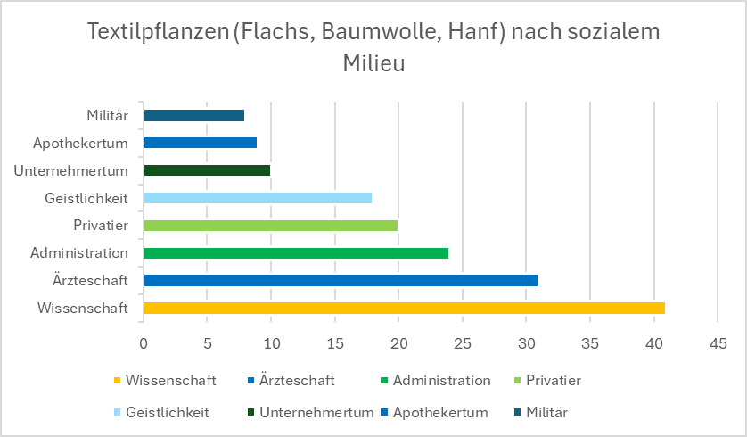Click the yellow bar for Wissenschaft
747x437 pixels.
click(405, 308)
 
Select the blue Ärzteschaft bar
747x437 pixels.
click(341, 280)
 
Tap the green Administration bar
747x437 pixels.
click(296, 253)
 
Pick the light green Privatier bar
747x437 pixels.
click(271, 226)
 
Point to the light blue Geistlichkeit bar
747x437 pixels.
click(258, 198)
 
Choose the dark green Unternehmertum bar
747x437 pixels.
click(207, 170)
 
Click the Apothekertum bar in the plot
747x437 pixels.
click(201, 143)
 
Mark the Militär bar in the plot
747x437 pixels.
click(194, 115)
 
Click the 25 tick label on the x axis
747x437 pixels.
click(462, 343)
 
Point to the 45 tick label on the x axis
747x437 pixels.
click(718, 343)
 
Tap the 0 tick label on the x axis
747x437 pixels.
click(144, 343)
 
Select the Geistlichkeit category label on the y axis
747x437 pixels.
click(86, 198)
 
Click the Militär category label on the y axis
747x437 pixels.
click(108, 115)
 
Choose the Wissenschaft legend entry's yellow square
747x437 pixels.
click(117, 381)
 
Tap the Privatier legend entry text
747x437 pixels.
click(554, 380)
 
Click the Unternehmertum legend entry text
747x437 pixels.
click(316, 413)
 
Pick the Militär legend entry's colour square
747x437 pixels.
click(517, 413)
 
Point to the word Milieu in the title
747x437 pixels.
click(374, 63)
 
